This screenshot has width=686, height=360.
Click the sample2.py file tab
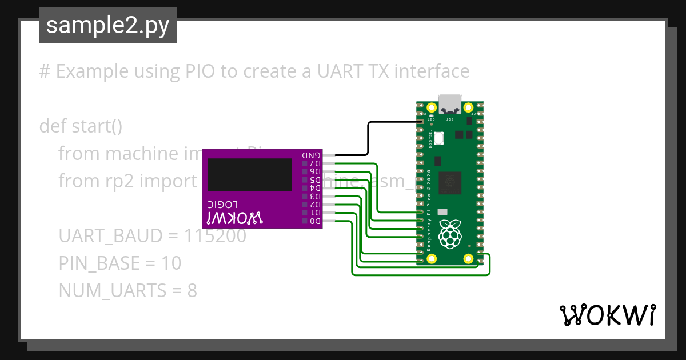click(107, 26)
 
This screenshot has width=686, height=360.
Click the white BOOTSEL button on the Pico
click(439, 138)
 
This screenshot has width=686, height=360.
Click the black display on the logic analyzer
click(250, 174)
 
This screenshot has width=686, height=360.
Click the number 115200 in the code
click(216, 236)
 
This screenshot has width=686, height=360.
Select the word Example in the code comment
click(92, 71)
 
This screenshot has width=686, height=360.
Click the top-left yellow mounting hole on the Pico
click(432, 107)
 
